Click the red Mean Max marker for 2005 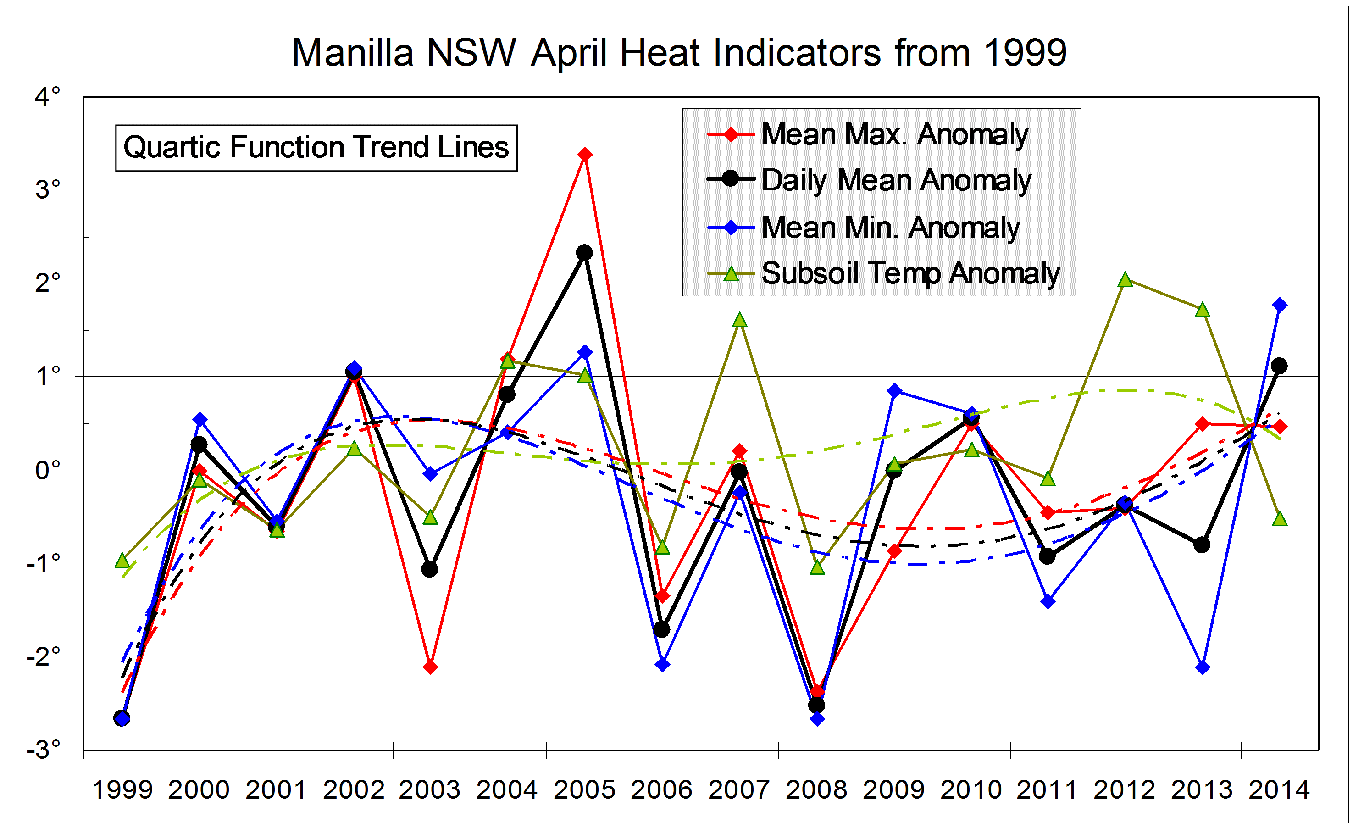pyautogui.click(x=585, y=154)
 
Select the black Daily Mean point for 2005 pyautogui.click(x=584, y=253)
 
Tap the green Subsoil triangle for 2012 pyautogui.click(x=1125, y=280)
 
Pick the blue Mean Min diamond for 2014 pyautogui.click(x=1280, y=306)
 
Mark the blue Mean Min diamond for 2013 pyautogui.click(x=1203, y=667)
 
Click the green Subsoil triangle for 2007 pyautogui.click(x=740, y=320)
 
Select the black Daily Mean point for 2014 pyautogui.click(x=1280, y=366)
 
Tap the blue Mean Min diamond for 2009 pyautogui.click(x=894, y=391)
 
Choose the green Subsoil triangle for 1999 pyautogui.click(x=122, y=561)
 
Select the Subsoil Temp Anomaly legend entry pyautogui.click(x=910, y=273)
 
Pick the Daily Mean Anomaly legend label pyautogui.click(x=896, y=180)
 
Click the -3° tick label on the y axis pyautogui.click(x=44, y=749)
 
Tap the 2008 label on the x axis pyautogui.click(x=816, y=790)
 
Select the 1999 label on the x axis pyautogui.click(x=122, y=790)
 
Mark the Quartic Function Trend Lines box pyautogui.click(x=316, y=148)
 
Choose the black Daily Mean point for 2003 pyautogui.click(x=430, y=569)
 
